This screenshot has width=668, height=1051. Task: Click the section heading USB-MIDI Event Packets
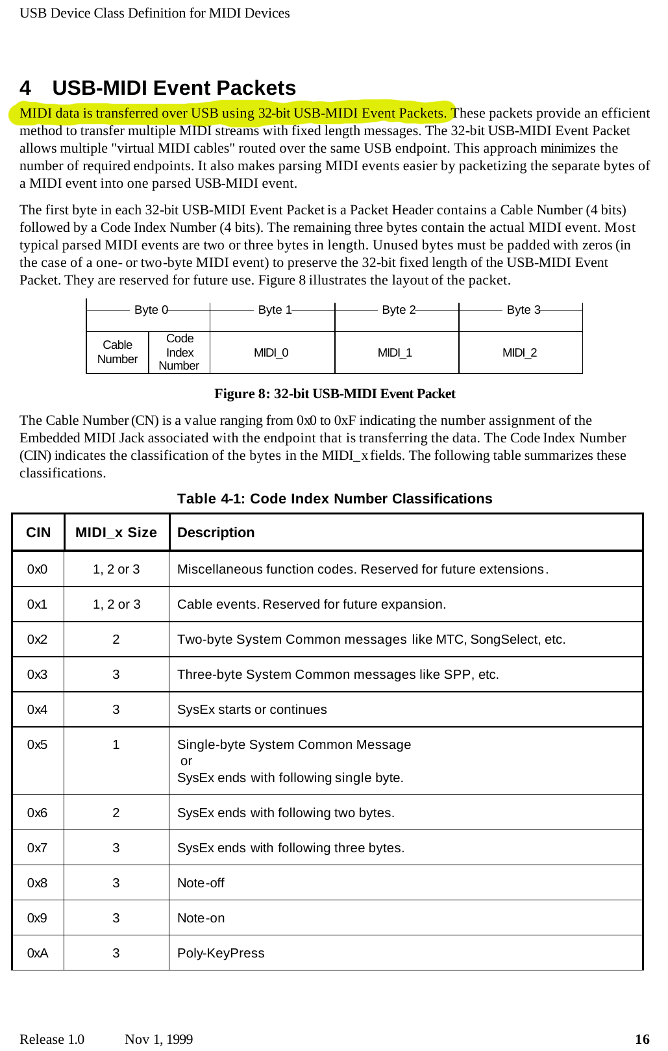tap(173, 88)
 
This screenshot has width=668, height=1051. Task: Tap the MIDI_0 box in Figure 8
tap(271, 353)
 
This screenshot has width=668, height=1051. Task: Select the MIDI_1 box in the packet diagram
tap(395, 353)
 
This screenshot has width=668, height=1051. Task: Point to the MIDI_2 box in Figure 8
tap(519, 353)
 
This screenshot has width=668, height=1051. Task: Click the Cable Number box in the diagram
tap(118, 352)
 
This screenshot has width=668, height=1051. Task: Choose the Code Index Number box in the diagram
tap(179, 352)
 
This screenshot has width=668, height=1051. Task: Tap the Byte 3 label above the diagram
tap(523, 310)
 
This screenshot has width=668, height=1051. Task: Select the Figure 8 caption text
tap(334, 394)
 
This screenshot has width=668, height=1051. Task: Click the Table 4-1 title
tap(334, 498)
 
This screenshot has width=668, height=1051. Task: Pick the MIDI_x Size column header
tap(116, 533)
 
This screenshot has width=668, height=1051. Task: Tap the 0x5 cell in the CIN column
tap(38, 744)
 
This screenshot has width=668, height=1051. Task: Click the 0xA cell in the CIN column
tap(38, 953)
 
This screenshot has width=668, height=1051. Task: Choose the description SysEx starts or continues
tap(252, 709)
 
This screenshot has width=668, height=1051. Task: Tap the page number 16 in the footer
tap(642, 1039)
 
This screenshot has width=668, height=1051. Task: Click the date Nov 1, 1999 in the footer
tap(158, 1039)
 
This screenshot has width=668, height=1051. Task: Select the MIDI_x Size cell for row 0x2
tap(116, 639)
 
